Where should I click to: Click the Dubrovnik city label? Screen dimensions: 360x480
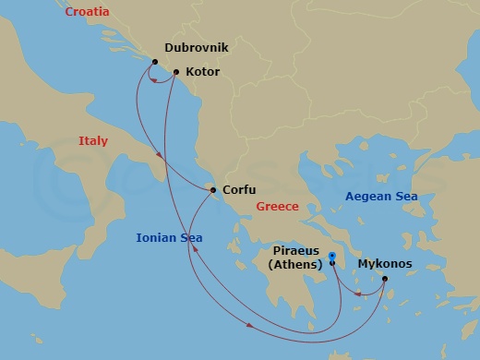[x=197, y=46]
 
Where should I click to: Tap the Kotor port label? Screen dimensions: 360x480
[x=202, y=70]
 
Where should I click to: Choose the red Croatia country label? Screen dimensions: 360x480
[x=87, y=12]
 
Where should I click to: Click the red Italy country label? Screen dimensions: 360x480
[x=92, y=141]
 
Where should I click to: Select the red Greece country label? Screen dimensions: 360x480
[x=278, y=207]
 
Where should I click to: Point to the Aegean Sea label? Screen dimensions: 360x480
[x=381, y=197]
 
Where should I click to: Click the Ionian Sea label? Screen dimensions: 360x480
[x=169, y=237]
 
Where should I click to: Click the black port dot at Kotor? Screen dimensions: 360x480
[x=175, y=71]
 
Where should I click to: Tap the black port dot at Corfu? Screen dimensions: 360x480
[x=213, y=190]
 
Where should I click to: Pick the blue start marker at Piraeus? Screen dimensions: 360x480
[x=331, y=255]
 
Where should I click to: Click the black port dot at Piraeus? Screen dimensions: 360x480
[x=332, y=263]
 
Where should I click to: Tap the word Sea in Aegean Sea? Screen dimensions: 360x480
[x=406, y=197]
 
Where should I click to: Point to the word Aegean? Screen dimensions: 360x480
[x=368, y=197]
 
